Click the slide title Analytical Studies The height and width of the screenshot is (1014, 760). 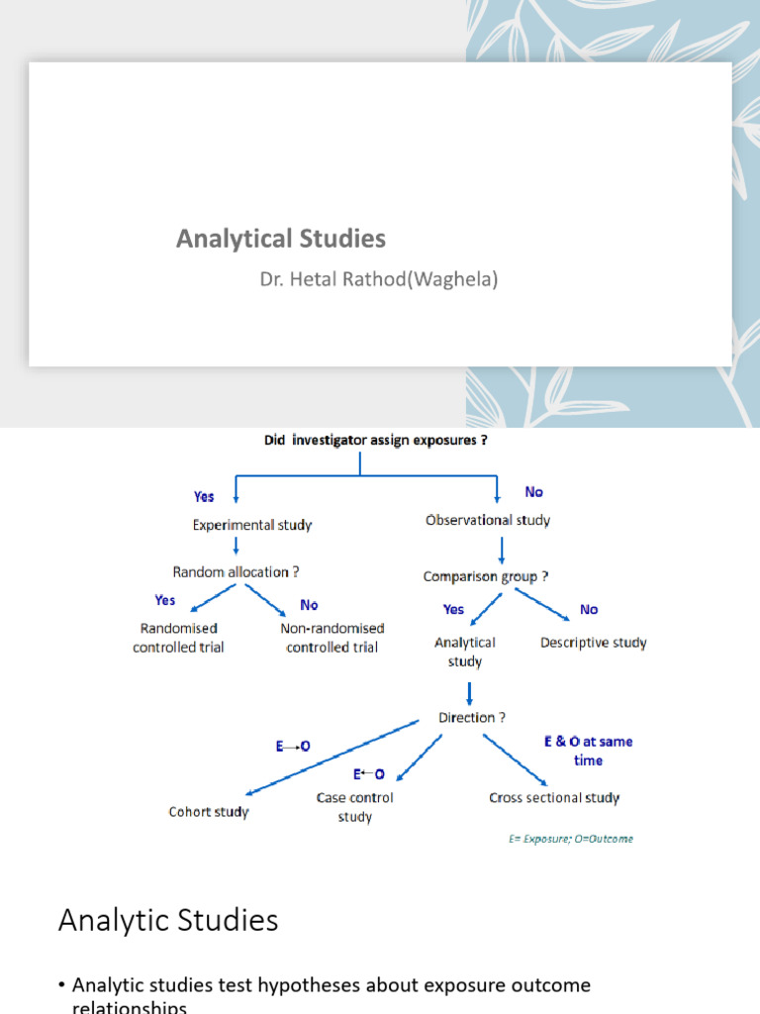(x=281, y=239)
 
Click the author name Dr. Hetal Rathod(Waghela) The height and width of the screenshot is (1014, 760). (x=379, y=279)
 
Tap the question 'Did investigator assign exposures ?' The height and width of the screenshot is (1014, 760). (x=375, y=442)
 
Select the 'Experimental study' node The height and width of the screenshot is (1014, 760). (x=251, y=525)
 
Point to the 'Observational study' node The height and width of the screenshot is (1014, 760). (x=487, y=520)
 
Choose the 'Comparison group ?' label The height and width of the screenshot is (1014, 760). (x=486, y=576)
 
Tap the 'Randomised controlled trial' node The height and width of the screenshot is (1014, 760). (x=178, y=638)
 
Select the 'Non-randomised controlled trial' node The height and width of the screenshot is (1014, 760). (x=332, y=638)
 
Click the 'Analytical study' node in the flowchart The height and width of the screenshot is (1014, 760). (x=464, y=652)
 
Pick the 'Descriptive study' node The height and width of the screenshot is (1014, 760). (x=593, y=643)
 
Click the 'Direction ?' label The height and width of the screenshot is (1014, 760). (x=473, y=717)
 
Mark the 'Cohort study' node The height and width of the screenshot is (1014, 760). (x=209, y=812)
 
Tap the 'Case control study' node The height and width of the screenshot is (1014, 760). (x=354, y=807)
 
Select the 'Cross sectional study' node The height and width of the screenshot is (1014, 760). (x=554, y=797)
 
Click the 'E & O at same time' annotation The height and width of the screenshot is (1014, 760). (x=588, y=751)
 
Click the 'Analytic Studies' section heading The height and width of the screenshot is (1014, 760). (x=168, y=921)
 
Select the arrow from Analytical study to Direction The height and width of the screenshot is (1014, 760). (x=469, y=691)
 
